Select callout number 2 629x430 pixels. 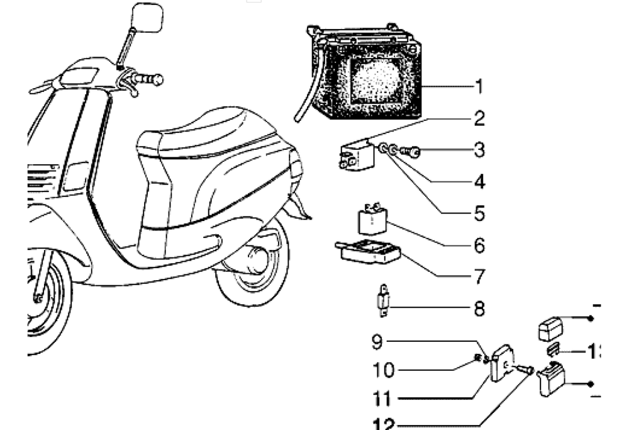tap(479, 118)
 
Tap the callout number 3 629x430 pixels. tap(479, 150)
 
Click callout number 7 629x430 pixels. tap(479, 276)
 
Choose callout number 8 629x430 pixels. tap(479, 308)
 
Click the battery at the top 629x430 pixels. tap(365, 72)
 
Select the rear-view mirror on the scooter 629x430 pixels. tap(148, 17)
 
